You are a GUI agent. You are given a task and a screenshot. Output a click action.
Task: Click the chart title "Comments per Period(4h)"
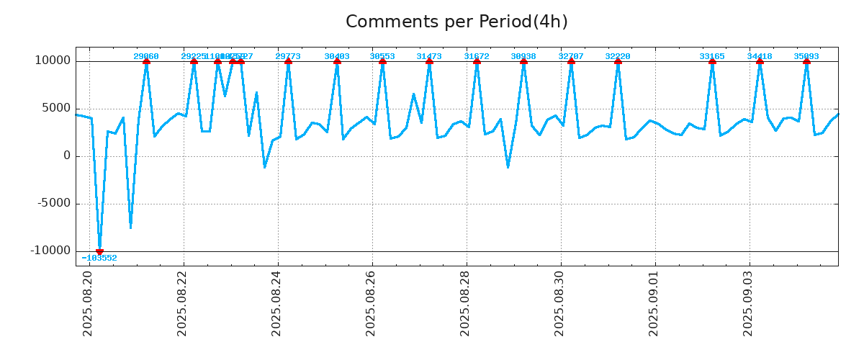(x=456, y=22)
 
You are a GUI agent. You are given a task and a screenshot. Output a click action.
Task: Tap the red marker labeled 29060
(x=146, y=61)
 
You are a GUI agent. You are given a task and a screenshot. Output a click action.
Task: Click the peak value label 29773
(x=288, y=56)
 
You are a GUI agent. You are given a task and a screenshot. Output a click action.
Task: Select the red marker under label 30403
(x=337, y=61)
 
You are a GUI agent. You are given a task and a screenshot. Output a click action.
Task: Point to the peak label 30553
(x=382, y=56)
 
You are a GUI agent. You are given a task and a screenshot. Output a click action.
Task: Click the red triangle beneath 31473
(x=429, y=61)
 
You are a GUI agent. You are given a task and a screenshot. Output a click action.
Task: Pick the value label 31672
(x=477, y=56)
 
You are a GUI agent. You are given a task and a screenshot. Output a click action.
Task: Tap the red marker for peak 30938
(x=523, y=61)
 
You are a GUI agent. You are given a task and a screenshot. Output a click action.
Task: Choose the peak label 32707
(x=571, y=56)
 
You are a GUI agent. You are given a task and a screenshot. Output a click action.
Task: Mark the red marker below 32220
(x=618, y=61)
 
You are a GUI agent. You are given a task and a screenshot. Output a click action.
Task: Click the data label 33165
(x=712, y=56)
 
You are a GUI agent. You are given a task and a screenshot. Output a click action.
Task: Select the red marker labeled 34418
(x=760, y=61)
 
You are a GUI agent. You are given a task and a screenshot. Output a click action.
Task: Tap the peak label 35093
(x=806, y=56)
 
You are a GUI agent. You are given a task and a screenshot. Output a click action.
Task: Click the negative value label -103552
(x=99, y=258)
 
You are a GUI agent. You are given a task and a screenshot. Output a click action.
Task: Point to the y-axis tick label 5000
(x=57, y=109)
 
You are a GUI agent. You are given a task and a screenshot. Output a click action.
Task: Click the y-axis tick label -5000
(x=55, y=203)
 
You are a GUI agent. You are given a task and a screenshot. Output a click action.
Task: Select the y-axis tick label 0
(x=67, y=156)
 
